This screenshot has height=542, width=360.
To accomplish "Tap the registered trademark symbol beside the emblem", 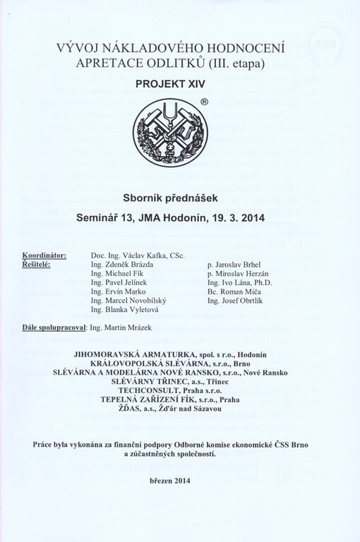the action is [x=204, y=102].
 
